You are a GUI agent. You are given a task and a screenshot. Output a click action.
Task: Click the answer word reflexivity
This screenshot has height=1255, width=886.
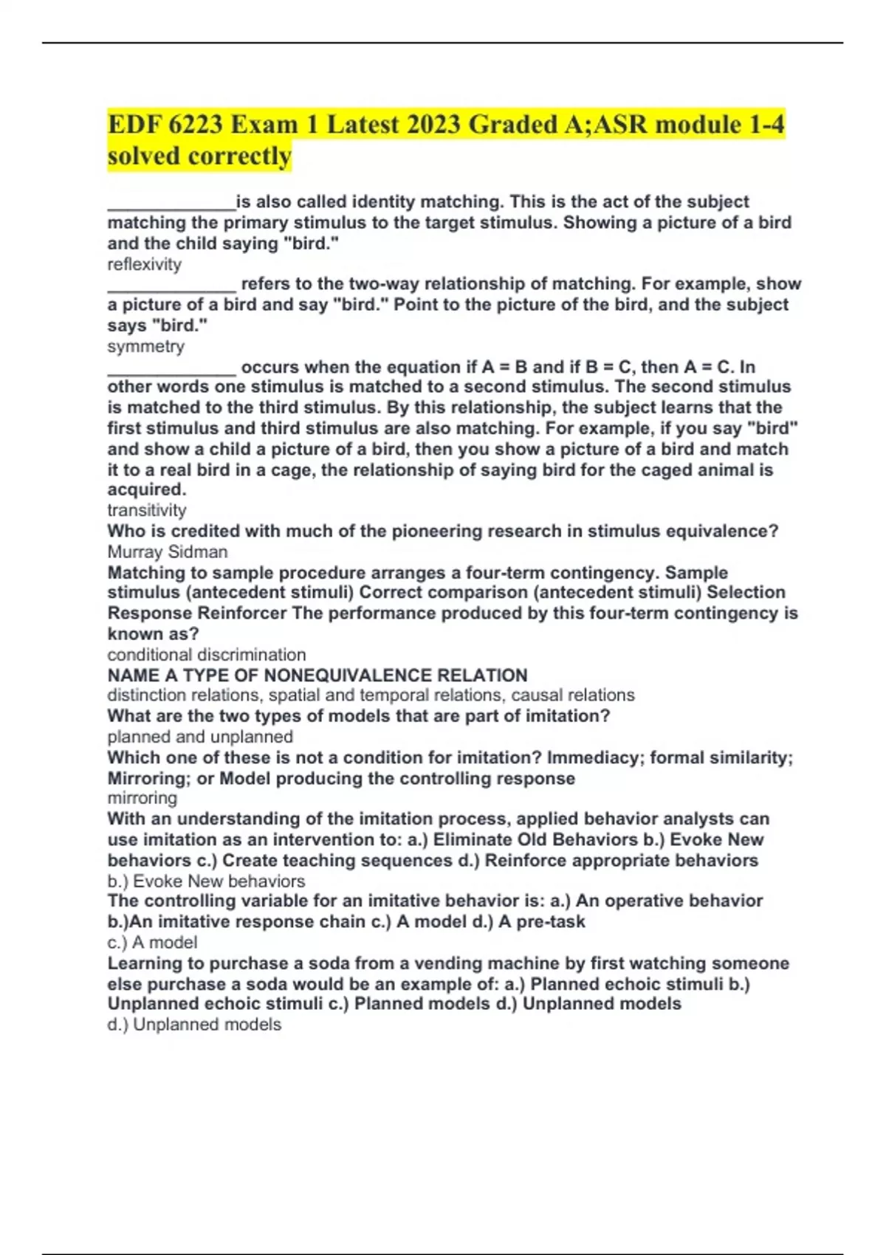(145, 264)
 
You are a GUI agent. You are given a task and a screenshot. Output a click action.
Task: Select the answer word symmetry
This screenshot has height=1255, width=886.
(146, 346)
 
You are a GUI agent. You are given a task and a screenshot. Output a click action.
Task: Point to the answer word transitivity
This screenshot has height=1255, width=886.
(147, 510)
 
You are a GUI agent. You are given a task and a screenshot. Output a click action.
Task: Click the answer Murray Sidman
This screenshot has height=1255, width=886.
(168, 551)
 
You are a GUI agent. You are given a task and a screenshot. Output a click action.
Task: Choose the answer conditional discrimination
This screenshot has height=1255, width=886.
(207, 655)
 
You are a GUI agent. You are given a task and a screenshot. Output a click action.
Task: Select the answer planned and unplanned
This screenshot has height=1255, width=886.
(200, 737)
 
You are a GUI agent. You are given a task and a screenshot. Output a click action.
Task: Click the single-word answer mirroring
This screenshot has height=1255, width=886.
(142, 798)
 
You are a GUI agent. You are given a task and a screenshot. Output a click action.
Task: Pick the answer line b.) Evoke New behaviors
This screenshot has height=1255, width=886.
(206, 881)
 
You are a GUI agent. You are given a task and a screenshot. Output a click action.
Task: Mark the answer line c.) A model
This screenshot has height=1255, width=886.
(152, 942)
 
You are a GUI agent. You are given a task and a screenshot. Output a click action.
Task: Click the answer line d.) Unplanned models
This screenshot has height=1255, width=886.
(194, 1025)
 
